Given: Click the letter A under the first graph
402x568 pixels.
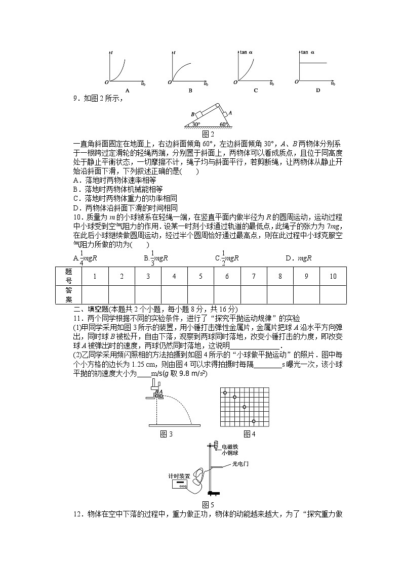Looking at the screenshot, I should point(128,91).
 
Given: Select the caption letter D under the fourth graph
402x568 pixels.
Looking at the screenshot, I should point(318,91).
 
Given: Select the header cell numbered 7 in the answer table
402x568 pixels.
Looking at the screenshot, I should point(254,276).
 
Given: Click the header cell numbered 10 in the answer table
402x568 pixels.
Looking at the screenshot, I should point(333,276).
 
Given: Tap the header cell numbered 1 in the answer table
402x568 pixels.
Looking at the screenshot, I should point(95,276).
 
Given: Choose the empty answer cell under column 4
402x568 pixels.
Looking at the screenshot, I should point(174,294).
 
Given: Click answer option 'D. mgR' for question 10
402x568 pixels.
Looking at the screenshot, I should point(298,258).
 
